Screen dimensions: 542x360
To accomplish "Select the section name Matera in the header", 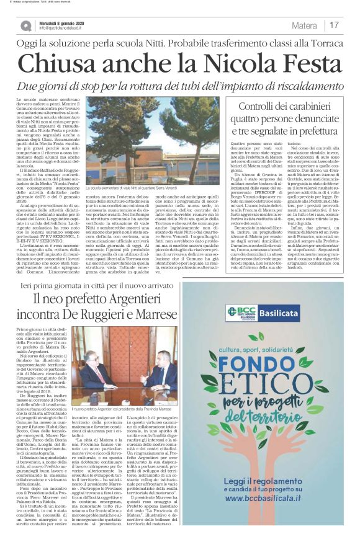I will pyautogui.click(x=306, y=25).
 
